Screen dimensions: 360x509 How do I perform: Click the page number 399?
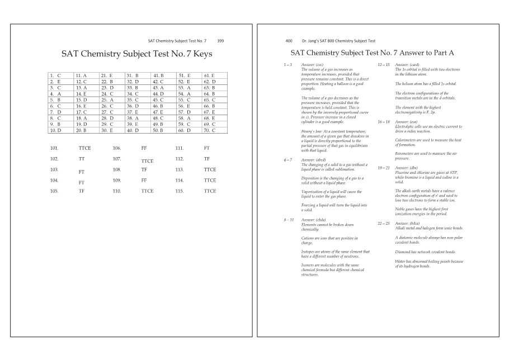click(220, 41)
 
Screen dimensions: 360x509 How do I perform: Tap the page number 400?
click(289, 41)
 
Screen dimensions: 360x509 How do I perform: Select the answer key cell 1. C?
click(55, 75)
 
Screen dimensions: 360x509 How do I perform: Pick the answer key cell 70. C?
click(209, 130)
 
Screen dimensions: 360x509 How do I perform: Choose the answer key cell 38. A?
click(133, 118)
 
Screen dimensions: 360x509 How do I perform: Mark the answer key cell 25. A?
click(107, 100)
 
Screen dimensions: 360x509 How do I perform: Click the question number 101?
click(54, 148)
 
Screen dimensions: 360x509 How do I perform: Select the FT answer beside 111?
click(207, 148)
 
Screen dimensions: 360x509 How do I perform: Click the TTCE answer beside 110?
click(147, 191)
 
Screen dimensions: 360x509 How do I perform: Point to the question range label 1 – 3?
click(289, 65)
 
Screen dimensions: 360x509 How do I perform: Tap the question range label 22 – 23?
click(383, 224)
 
